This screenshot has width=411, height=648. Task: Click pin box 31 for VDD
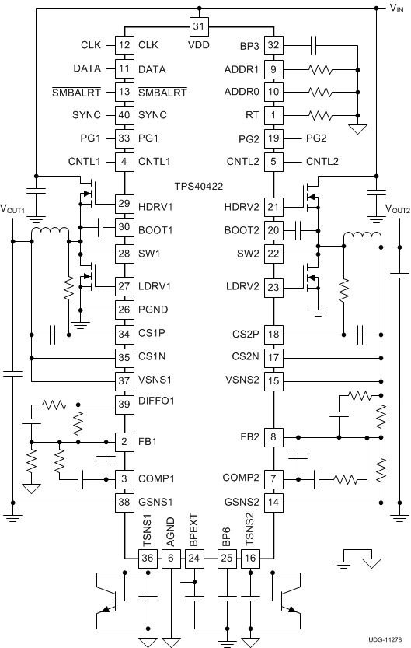point(198,26)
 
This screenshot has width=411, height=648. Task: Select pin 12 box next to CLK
point(124,45)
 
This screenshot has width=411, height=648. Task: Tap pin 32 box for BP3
point(273,45)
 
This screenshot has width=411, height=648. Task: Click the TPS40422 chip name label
point(198,187)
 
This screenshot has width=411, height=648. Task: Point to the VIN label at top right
point(395,9)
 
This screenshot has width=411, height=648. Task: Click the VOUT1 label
point(13,209)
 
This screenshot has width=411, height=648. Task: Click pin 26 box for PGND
point(124,310)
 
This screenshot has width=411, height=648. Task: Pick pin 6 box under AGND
point(170,559)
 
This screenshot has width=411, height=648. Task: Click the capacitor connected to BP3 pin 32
point(314,45)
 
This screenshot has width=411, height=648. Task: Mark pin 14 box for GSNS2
point(273,502)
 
